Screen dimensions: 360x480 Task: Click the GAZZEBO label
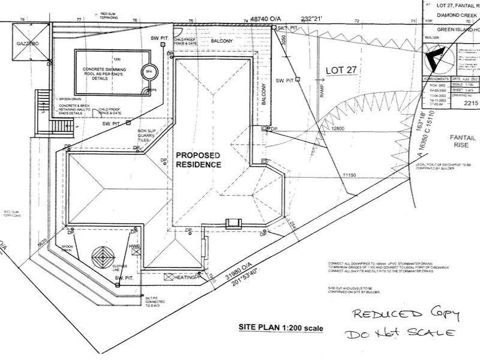click(x=28, y=45)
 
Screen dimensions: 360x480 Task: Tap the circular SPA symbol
click(x=148, y=72)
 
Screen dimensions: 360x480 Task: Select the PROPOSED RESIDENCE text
click(x=197, y=160)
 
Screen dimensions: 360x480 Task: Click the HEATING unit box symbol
click(x=169, y=277)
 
